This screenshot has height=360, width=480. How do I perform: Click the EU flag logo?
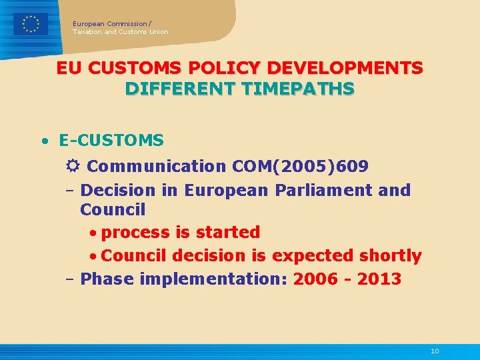click(x=31, y=24)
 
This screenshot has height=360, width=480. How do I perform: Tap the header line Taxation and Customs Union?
click(x=121, y=32)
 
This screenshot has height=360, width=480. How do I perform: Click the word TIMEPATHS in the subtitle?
click(x=303, y=89)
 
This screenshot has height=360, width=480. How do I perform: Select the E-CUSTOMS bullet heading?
click(x=111, y=141)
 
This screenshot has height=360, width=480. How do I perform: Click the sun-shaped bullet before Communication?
click(x=74, y=166)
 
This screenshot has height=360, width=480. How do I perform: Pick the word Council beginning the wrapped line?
click(x=113, y=210)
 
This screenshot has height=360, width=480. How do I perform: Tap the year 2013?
click(x=379, y=279)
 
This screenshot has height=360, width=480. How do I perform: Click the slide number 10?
click(x=435, y=351)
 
